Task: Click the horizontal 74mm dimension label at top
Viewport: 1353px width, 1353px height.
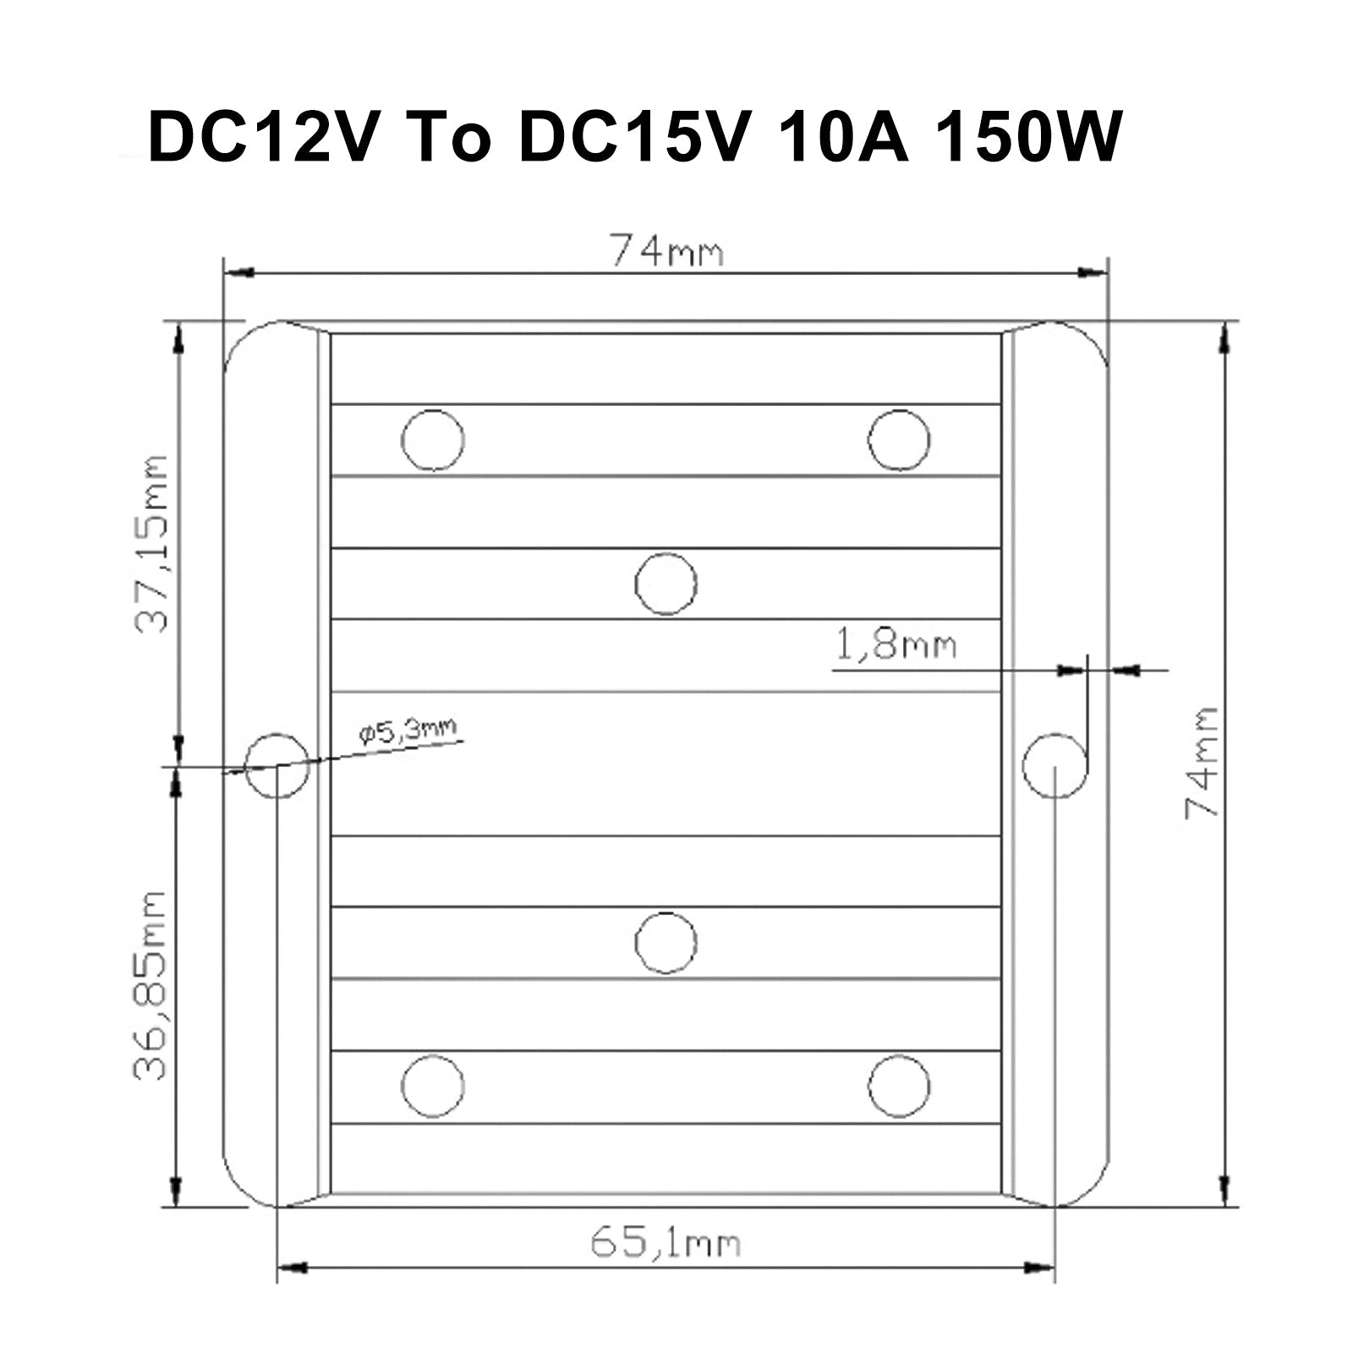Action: coord(667,251)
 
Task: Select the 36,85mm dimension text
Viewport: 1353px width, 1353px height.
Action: coord(151,984)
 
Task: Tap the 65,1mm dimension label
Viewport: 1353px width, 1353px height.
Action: coord(666,1243)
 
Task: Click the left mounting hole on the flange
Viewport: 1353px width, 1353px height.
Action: coord(277,765)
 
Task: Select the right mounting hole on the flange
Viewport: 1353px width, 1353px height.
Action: coord(1054,765)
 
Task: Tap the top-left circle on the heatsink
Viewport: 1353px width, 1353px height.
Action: coord(433,440)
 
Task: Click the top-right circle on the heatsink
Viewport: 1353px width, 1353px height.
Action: coord(899,440)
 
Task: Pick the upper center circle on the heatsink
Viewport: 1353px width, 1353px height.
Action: coord(666,583)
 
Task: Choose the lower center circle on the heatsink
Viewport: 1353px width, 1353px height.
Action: coord(666,943)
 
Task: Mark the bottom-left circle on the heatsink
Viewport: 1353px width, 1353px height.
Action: coord(433,1086)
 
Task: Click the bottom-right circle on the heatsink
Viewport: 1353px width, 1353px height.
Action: coord(899,1086)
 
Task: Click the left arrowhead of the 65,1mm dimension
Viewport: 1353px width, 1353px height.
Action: coord(290,1268)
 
